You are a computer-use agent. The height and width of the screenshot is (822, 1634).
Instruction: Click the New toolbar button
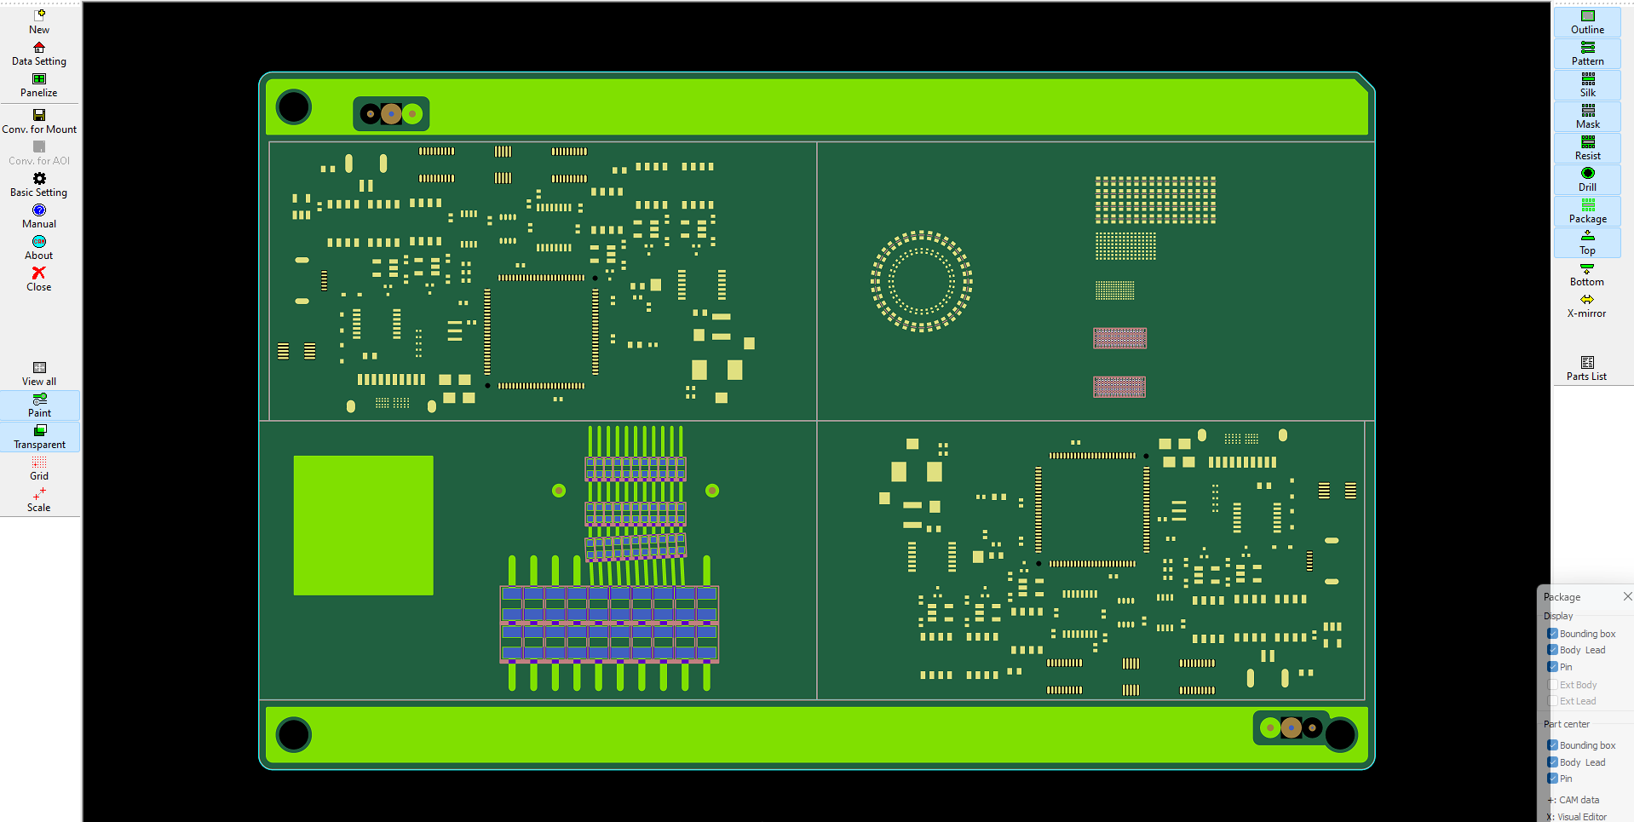pos(39,21)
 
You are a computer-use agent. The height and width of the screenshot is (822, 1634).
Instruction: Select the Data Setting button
pos(39,54)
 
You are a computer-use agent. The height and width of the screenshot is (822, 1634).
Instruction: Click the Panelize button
pos(39,85)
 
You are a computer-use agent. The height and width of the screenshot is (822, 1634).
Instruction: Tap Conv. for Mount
pos(39,121)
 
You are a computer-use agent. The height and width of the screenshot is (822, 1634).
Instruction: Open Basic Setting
pos(39,184)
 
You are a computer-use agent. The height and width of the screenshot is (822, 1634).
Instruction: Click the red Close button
pos(39,279)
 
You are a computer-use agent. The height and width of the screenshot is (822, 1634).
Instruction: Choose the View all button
pos(39,373)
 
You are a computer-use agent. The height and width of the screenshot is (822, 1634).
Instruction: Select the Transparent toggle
pos(39,437)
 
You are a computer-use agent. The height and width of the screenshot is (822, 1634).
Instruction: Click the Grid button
pos(39,468)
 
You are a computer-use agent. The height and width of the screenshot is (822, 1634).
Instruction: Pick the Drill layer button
pos(1587,179)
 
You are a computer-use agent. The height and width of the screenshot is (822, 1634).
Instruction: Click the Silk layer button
pos(1587,84)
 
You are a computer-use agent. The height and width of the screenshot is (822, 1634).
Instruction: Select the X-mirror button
pos(1586,306)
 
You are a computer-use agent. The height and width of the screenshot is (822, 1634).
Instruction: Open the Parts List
pos(1586,369)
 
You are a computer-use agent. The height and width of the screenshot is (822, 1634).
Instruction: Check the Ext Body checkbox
pos(1553,685)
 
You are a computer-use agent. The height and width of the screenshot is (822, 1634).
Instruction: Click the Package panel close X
pos(1627,596)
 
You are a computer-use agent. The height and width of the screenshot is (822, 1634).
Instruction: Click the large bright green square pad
pos(363,525)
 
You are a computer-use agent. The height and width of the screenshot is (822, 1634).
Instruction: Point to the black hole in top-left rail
pos(294,107)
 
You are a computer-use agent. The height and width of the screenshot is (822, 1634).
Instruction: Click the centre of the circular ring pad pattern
pos(921,280)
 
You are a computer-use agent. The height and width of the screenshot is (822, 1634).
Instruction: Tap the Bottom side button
pos(1586,274)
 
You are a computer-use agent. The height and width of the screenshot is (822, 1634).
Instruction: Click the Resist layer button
pos(1587,147)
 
